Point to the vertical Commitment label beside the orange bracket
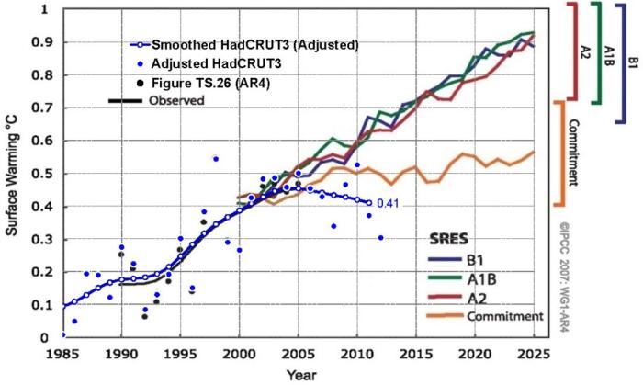571,151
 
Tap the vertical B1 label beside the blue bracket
632,62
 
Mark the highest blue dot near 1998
215,158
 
